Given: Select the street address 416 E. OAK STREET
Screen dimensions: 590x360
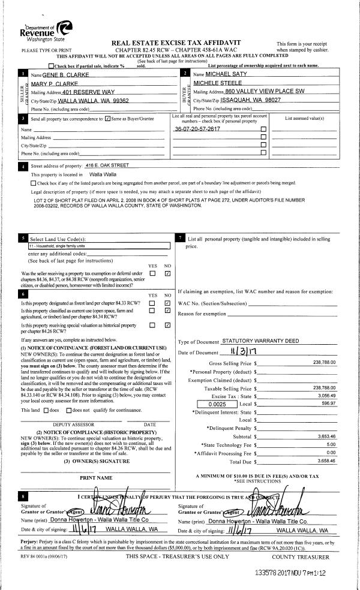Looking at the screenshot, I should [108, 165].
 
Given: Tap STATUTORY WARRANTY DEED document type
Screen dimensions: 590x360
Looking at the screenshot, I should [260, 341].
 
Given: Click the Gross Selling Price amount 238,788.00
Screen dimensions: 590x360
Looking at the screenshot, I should [325, 363].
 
